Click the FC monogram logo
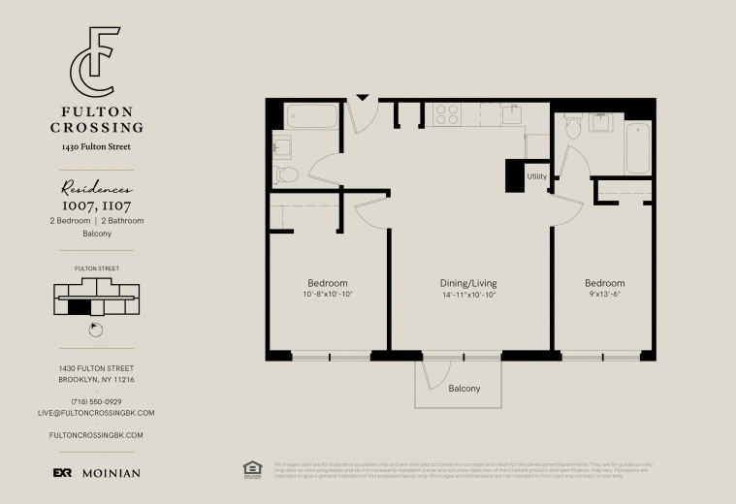pyautogui.click(x=95, y=62)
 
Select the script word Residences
pyautogui.click(x=96, y=191)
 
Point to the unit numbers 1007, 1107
pyautogui.click(x=96, y=206)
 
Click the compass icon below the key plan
pyautogui.click(x=95, y=330)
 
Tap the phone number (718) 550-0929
pyautogui.click(x=96, y=401)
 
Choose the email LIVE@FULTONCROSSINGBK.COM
pyautogui.click(x=96, y=413)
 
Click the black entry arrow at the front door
pyautogui.click(x=363, y=97)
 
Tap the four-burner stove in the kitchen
pyautogui.click(x=446, y=114)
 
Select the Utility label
pyautogui.click(x=536, y=176)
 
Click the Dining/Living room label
pyautogui.click(x=469, y=283)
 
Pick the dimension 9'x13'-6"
pyautogui.click(x=604, y=295)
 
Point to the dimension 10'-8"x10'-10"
pyautogui.click(x=328, y=295)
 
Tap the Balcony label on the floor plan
pyautogui.click(x=464, y=389)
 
